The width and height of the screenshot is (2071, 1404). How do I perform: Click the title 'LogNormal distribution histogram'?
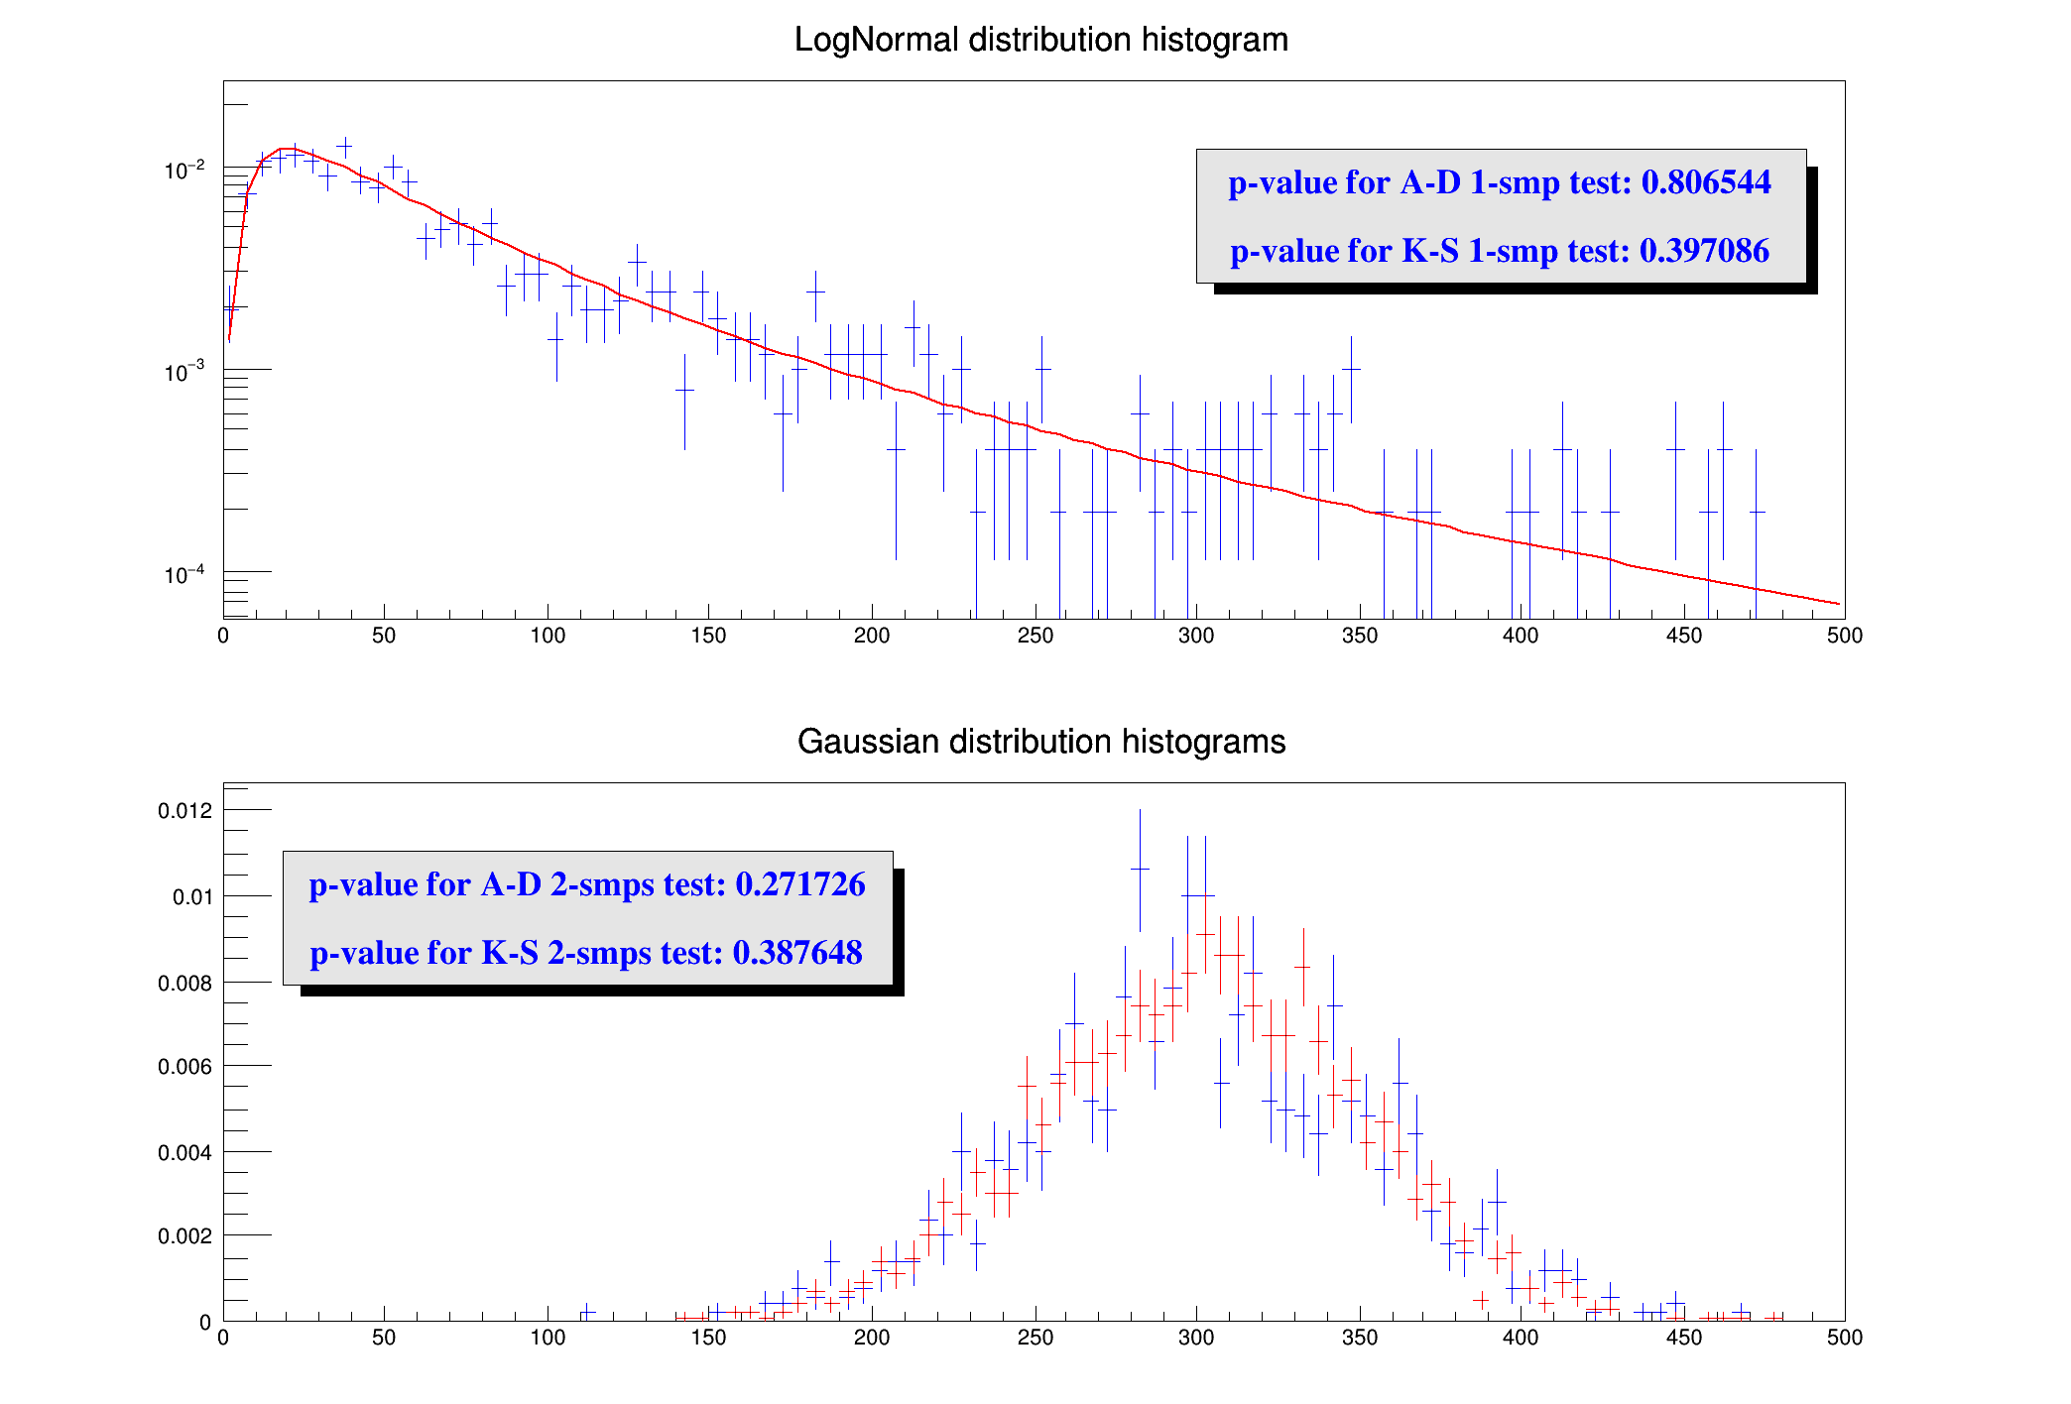click(x=1040, y=40)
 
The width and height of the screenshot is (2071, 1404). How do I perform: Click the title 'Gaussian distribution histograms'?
click(x=1040, y=742)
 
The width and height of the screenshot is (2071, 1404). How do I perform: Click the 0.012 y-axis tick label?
click(x=185, y=811)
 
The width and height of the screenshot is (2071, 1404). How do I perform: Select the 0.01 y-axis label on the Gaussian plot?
click(x=192, y=897)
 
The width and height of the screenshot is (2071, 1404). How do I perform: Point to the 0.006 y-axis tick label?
click(x=185, y=1067)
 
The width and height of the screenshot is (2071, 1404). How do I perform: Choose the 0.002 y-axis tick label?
click(x=185, y=1236)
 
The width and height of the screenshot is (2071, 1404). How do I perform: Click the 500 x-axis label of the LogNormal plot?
click(x=1844, y=636)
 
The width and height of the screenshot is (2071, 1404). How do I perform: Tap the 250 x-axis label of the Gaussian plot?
click(x=1035, y=1338)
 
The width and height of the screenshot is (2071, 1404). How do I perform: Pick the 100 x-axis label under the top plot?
click(x=548, y=636)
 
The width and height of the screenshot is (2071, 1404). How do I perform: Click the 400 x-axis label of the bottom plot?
click(x=1521, y=1338)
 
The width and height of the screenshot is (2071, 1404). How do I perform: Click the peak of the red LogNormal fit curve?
click(x=288, y=149)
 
